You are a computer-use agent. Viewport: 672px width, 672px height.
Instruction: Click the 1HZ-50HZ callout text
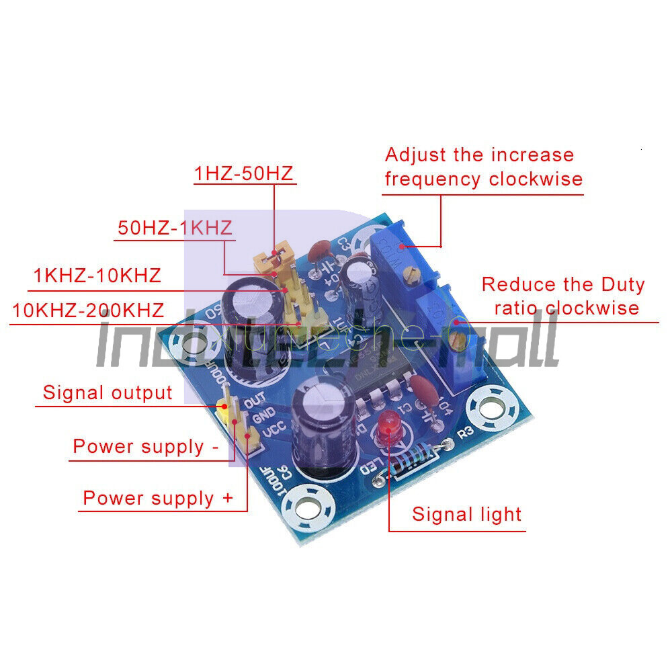(243, 173)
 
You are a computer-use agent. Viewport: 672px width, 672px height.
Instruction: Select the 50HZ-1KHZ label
(175, 226)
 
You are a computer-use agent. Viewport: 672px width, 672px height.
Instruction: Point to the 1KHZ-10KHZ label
(97, 276)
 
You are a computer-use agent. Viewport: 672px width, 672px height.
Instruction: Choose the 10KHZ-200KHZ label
(88, 310)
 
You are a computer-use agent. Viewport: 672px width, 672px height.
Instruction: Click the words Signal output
(108, 392)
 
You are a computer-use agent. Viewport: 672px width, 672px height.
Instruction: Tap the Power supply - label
(145, 447)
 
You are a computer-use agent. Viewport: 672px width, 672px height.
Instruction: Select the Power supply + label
(158, 498)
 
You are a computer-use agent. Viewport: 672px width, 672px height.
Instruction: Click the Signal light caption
(466, 515)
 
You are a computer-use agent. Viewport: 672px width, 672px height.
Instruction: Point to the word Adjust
(415, 155)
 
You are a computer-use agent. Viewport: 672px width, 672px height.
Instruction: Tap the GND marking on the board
(261, 415)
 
